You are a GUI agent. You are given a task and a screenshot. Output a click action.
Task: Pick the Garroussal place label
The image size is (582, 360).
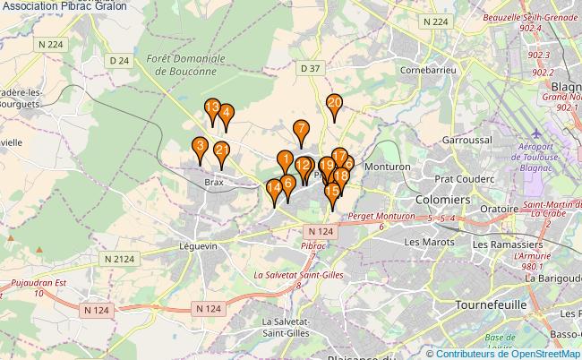point(467,141)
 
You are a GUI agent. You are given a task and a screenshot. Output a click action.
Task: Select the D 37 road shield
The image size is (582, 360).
point(311,68)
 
